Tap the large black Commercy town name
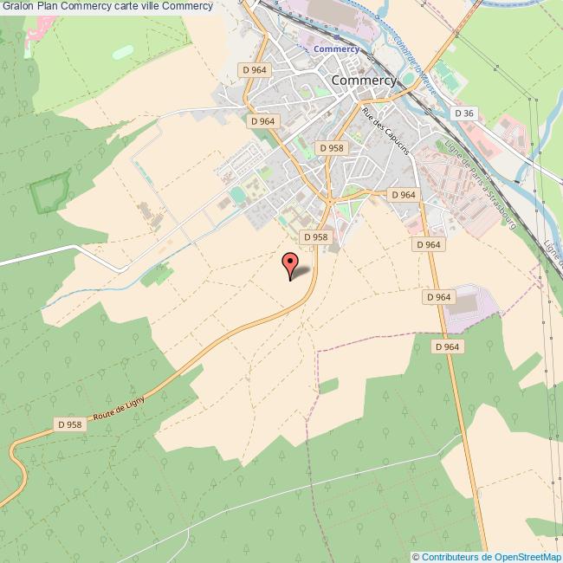tap(364, 79)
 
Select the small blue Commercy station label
tap(336, 49)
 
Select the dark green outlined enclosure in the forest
tap(49, 192)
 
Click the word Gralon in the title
tap(17, 7)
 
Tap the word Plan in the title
tap(49, 7)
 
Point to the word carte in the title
tap(127, 7)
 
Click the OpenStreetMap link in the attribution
tap(525, 557)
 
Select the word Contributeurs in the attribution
tap(450, 557)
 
